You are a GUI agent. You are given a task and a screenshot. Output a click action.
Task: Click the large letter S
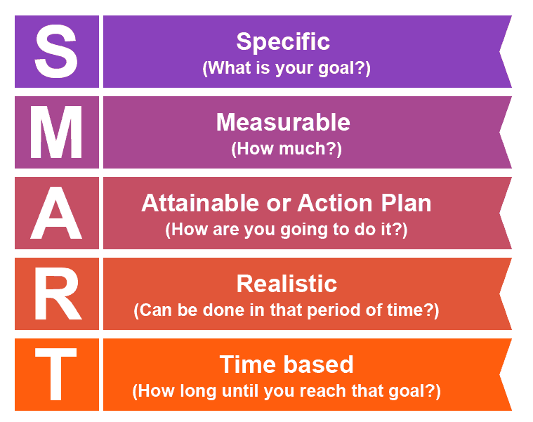coord(56,51)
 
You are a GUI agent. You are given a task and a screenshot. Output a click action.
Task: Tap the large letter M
coord(56,132)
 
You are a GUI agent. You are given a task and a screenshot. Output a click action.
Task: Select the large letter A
coord(56,213)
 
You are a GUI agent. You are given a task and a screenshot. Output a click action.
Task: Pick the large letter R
coord(56,294)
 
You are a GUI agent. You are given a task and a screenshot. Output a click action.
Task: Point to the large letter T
coord(56,374)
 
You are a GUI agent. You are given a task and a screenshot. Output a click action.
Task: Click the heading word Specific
coord(283,41)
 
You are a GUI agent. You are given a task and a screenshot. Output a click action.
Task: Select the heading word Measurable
coord(283,122)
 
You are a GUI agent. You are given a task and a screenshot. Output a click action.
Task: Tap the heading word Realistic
coord(287,284)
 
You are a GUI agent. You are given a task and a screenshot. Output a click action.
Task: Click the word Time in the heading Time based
coord(244,364)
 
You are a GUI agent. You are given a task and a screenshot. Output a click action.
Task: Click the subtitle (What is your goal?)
coord(286,68)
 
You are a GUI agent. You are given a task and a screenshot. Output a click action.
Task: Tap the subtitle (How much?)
coord(286,149)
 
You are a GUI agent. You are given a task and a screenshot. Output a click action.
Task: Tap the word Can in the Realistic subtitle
coord(153,310)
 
